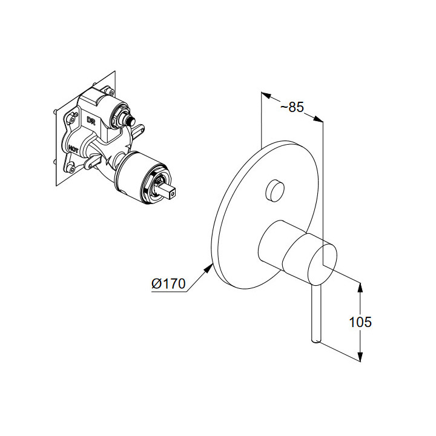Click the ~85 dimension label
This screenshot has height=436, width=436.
coord(292,107)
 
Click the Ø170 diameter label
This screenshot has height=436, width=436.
coord(168,283)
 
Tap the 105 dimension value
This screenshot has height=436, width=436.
coord(360,322)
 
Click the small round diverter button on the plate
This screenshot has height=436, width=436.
coord(275,190)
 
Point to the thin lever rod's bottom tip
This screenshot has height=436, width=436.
coord(317,342)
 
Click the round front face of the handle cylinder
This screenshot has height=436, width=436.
coord(323,264)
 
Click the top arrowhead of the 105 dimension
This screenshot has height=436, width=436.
coord(360,287)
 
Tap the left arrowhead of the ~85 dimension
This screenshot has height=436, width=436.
coord(266,95)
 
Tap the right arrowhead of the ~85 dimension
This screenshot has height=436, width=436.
coord(319,119)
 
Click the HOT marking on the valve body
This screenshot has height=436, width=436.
coord(73,148)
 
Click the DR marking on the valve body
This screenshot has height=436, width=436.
coord(91,121)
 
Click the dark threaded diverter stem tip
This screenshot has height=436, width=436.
coord(130,121)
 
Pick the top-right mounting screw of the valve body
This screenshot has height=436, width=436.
coord(109,90)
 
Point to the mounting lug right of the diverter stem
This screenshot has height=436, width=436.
coord(137,131)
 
